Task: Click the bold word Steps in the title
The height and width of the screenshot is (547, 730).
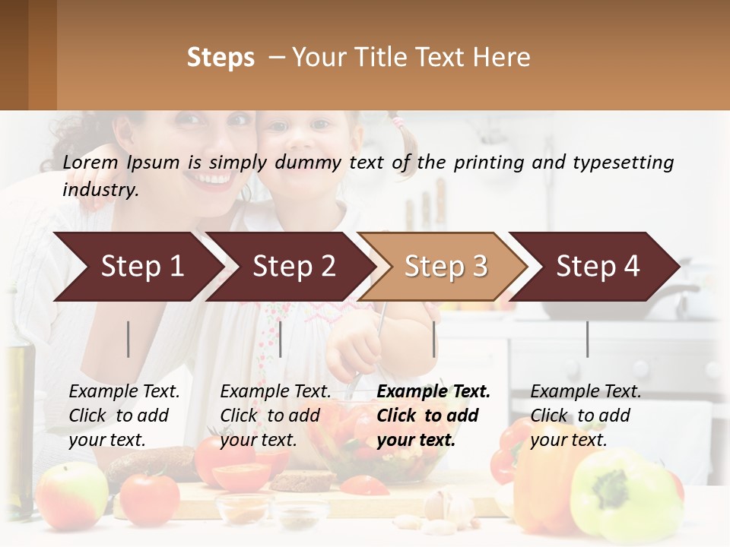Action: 221,58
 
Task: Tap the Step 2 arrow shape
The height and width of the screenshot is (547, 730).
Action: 289,266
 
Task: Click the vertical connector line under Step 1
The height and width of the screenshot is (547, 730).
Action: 129,339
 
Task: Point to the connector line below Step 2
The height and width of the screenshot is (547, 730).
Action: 281,339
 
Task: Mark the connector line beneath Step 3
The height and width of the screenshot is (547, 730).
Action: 433,339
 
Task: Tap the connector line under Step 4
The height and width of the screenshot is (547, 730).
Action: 587,339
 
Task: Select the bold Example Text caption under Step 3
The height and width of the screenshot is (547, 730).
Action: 433,415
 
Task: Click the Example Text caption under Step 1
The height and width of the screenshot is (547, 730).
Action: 124,415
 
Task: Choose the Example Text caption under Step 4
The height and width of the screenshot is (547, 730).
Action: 586,415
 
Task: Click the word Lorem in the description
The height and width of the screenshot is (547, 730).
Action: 90,162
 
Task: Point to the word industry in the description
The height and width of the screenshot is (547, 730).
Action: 100,190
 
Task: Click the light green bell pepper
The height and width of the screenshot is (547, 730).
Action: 624,494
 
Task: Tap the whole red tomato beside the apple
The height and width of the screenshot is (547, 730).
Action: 150,498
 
